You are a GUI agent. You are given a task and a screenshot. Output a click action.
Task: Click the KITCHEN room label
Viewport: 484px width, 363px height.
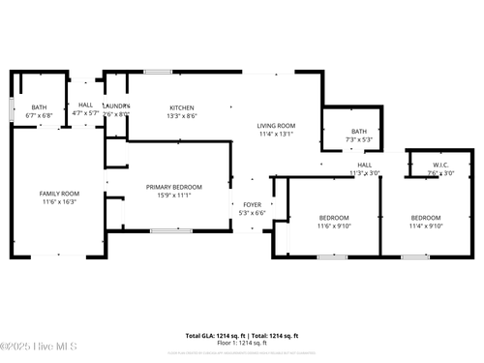[182, 107]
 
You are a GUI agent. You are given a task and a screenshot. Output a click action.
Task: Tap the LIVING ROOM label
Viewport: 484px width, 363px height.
[276, 126]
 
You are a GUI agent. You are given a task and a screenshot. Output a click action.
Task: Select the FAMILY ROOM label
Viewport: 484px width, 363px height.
[59, 194]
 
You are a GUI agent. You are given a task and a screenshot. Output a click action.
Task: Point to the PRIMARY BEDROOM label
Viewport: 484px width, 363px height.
[174, 187]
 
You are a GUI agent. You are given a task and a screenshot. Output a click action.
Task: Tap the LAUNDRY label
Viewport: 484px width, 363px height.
[116, 106]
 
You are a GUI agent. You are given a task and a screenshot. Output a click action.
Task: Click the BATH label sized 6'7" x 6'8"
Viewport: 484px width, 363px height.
[39, 107]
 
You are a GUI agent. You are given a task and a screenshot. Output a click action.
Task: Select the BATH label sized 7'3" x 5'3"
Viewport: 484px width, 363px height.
[359, 132]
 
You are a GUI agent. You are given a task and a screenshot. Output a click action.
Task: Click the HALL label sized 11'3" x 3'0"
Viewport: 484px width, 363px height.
[365, 166]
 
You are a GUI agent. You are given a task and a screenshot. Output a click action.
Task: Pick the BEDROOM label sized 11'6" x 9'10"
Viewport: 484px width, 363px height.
[334, 218]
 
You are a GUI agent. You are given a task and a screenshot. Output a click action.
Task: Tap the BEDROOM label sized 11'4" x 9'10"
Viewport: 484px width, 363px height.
[426, 218]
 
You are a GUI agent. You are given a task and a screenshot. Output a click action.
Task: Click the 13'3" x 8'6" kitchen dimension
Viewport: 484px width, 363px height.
[182, 115]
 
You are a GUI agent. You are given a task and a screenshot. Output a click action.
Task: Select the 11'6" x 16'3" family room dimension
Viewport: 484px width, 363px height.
[59, 202]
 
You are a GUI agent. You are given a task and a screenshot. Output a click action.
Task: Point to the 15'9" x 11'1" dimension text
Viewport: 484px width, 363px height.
[174, 195]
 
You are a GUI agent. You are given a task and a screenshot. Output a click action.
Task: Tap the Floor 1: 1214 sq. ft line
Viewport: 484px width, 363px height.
[242, 343]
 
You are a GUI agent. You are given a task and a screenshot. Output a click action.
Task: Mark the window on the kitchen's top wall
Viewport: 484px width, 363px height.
[158, 72]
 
